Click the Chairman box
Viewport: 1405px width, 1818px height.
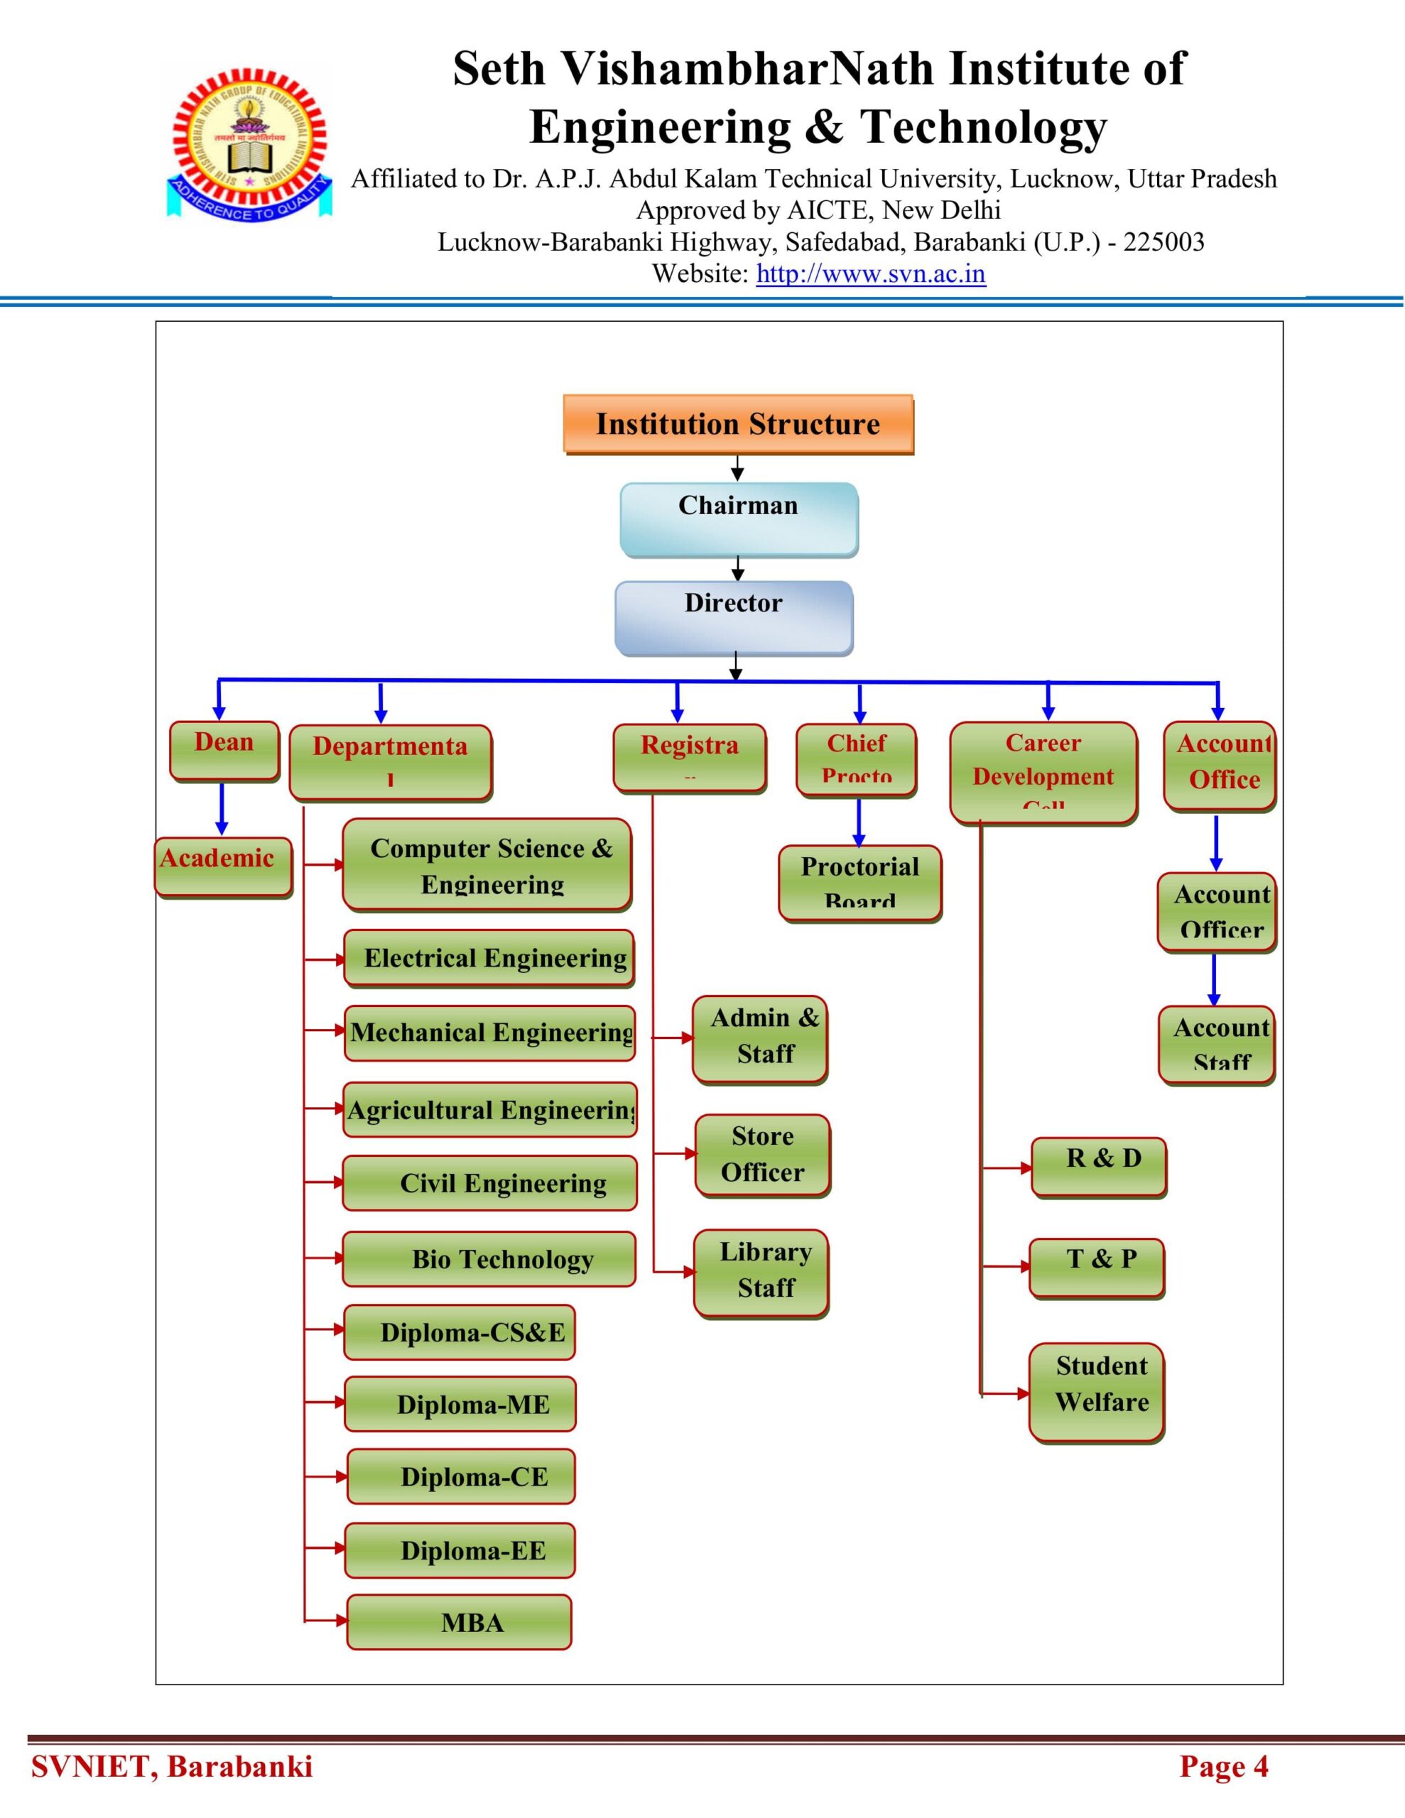coord(738,519)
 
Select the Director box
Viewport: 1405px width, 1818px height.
coord(734,618)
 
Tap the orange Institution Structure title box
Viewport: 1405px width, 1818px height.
coord(738,425)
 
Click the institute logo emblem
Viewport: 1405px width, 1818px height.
coord(249,142)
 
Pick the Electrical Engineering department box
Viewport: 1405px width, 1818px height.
coord(489,958)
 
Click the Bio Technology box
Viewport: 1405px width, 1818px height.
coord(489,1258)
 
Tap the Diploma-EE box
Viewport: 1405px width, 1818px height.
coord(460,1550)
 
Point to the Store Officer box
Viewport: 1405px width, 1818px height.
coord(763,1155)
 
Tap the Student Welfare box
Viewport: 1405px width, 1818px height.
coord(1097,1393)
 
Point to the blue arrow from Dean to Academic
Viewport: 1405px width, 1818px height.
coord(222,808)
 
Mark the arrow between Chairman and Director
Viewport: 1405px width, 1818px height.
coord(737,569)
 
